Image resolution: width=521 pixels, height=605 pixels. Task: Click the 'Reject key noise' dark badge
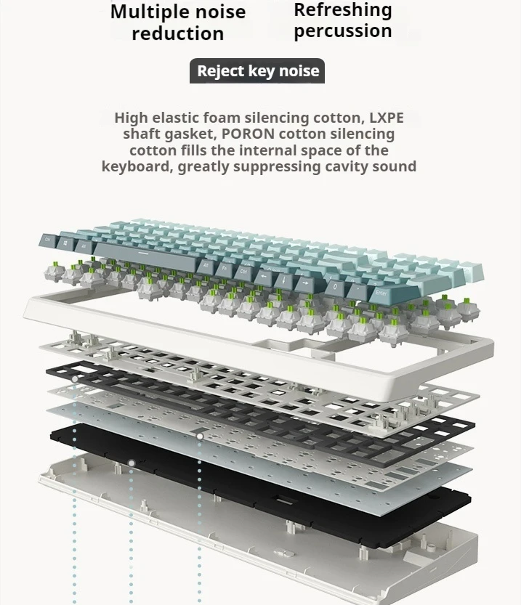[x=258, y=71]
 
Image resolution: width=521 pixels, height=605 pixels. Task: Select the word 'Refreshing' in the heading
[x=343, y=10]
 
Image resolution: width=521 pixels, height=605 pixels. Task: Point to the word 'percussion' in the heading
[x=343, y=31]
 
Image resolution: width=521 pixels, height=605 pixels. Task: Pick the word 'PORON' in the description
[x=247, y=134]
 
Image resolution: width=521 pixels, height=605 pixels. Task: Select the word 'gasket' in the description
[x=192, y=134]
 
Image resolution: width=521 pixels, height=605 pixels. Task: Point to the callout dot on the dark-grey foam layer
[x=74, y=379]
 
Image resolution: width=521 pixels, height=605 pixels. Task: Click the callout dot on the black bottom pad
[x=132, y=463]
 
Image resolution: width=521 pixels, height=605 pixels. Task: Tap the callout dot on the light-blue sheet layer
[x=200, y=436]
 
